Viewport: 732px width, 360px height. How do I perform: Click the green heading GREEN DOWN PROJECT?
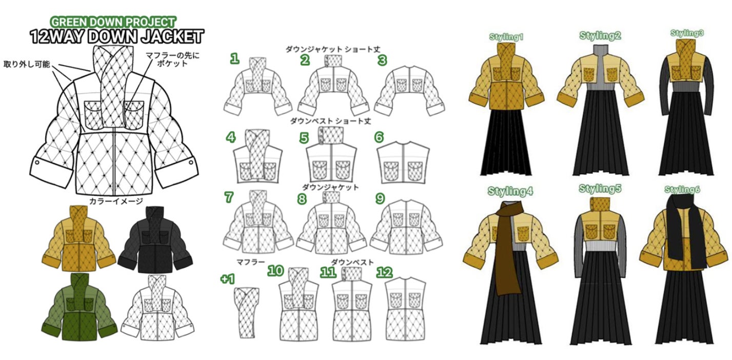pos(113,22)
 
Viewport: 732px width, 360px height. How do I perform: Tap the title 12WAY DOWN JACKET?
pos(116,36)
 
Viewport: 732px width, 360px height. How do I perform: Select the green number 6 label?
pos(379,137)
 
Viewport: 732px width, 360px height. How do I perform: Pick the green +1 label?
pos(227,279)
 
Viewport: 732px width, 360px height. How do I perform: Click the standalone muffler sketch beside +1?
pos(247,312)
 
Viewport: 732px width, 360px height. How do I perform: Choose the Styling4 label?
pos(510,191)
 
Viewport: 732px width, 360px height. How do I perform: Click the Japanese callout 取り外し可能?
pos(27,64)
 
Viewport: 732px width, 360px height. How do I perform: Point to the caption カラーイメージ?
pos(116,201)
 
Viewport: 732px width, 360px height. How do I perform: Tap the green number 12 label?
pos(384,272)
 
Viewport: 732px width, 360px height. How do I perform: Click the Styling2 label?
pos(600,35)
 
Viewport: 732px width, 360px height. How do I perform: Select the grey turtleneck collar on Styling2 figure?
pos(601,51)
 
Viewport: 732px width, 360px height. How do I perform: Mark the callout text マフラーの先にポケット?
pos(172,59)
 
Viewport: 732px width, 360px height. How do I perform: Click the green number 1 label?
pos(234,59)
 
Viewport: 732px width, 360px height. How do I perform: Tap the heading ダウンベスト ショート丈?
pos(331,121)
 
